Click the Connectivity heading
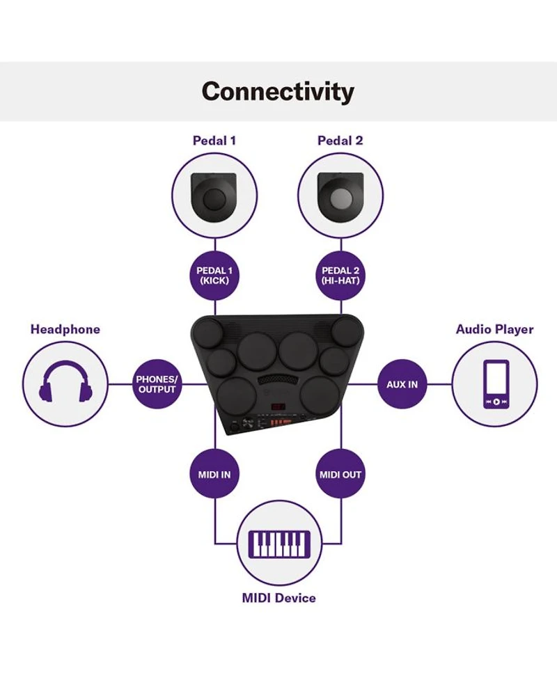pyautogui.click(x=278, y=91)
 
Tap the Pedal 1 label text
pyautogui.click(x=214, y=140)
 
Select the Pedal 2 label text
pyautogui.click(x=340, y=140)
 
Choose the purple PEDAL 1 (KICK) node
pyautogui.click(x=214, y=275)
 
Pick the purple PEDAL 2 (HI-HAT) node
pyautogui.click(x=340, y=275)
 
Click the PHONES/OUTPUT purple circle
pyautogui.click(x=157, y=384)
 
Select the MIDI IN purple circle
pyautogui.click(x=214, y=475)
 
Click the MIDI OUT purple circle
pyautogui.click(x=340, y=475)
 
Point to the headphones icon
pyautogui.click(x=66, y=384)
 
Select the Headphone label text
pyautogui.click(x=65, y=329)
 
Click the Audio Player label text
pyautogui.click(x=494, y=329)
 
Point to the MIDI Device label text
pyautogui.click(x=278, y=597)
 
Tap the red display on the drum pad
pyautogui.click(x=277, y=409)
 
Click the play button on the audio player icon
pyautogui.click(x=496, y=402)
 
